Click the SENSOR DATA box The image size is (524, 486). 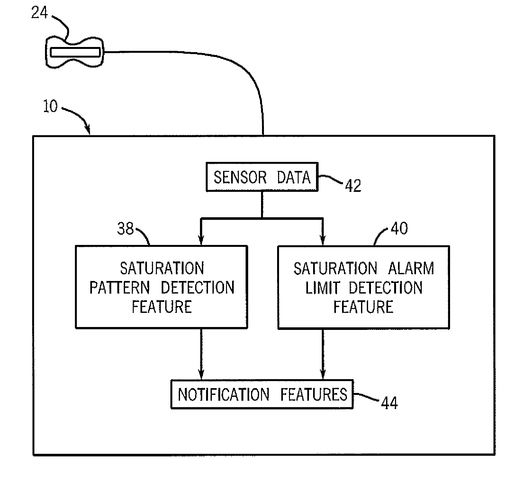tap(262, 177)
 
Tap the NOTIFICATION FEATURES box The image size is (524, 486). tap(262, 394)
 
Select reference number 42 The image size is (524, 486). tap(353, 186)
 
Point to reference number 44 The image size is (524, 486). tap(389, 403)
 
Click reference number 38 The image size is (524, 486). tap(125, 229)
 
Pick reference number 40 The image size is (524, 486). tap(399, 228)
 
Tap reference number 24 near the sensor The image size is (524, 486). tap(40, 13)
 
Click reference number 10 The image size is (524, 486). tap(50, 107)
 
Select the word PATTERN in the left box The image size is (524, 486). tap(120, 288)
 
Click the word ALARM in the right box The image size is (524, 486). tap(411, 268)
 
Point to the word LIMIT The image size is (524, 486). tap(322, 288)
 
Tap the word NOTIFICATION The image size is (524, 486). tap(223, 395)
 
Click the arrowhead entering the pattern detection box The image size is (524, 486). tap(201, 241)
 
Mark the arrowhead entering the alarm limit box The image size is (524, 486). tap(322, 241)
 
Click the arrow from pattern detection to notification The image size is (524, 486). tap(201, 354)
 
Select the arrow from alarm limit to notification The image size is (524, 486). tap(322, 354)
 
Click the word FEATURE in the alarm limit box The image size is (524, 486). tap(363, 307)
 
